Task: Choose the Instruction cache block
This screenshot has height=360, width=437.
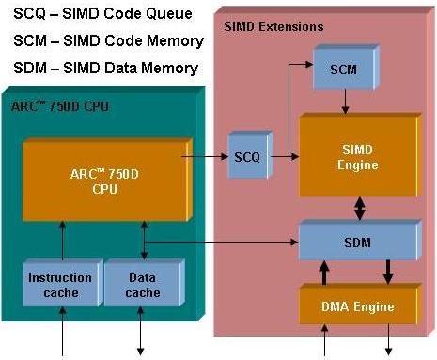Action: [x=59, y=286]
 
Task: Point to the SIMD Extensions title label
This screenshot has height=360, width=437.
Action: [x=273, y=25]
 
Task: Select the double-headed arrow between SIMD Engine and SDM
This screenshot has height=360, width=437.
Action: [x=358, y=205]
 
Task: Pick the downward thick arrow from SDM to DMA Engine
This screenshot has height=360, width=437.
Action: [x=386, y=275]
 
